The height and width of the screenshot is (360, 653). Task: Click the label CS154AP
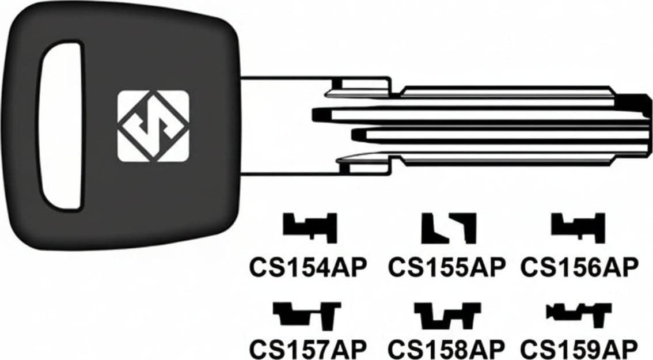coord(307,267)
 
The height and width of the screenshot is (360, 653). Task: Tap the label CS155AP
coord(446,267)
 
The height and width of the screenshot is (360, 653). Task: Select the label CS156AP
coord(579,267)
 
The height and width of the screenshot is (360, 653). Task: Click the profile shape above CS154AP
coord(310,228)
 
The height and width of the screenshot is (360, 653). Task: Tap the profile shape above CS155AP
coord(449,228)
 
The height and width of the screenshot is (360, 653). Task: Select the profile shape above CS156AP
coord(578,228)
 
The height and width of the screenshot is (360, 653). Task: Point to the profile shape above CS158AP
coord(447,316)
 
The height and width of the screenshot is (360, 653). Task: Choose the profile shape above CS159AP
coord(579,314)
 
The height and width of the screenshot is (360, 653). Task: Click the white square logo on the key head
coord(153,126)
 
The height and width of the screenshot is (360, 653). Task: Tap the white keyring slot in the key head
coord(61,125)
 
